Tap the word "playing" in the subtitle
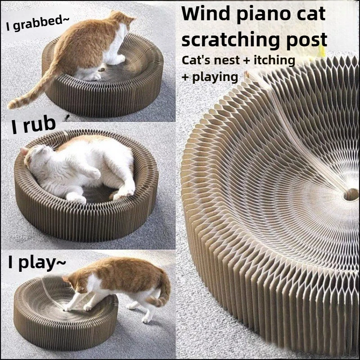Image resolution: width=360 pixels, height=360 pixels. pyautogui.click(x=215, y=77)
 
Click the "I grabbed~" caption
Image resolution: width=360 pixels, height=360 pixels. pyautogui.click(x=37, y=23)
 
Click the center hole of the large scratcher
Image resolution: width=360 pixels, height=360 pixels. pyautogui.click(x=351, y=194)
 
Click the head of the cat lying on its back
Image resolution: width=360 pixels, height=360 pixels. pyautogui.click(x=37, y=156)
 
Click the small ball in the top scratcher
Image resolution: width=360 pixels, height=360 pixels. pyautogui.click(x=102, y=68)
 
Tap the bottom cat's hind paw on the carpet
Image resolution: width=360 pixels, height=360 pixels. pyautogui.click(x=145, y=319)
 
